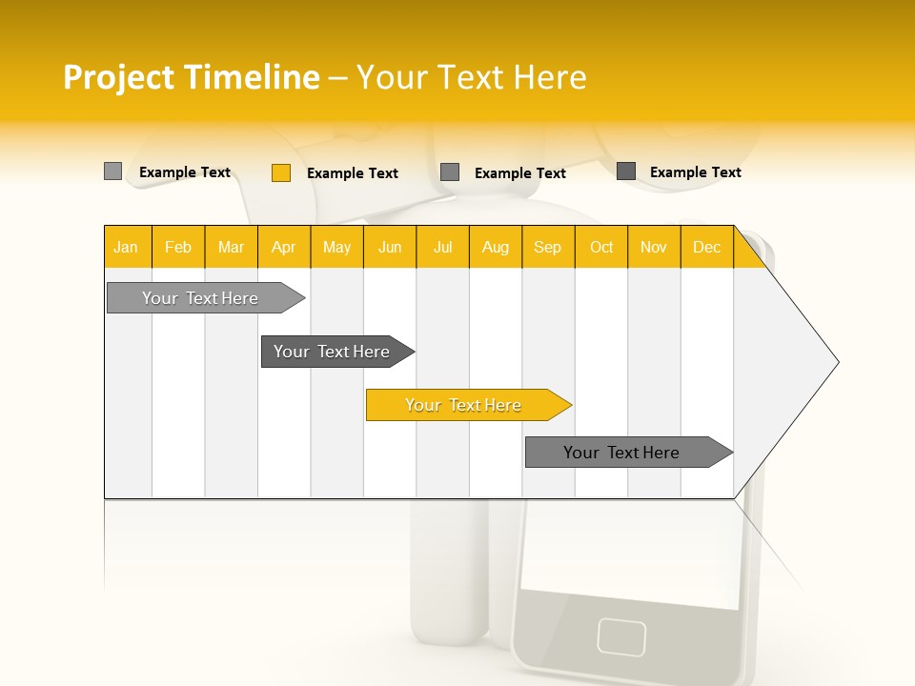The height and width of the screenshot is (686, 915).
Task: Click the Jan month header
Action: (x=127, y=247)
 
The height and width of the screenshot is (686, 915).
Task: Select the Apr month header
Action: (x=284, y=247)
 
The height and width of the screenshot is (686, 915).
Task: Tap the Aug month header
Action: (x=496, y=247)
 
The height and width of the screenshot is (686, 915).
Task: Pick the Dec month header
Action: (x=707, y=247)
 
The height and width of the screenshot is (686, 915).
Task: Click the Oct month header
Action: (x=601, y=247)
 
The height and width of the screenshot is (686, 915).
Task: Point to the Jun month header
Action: (x=390, y=247)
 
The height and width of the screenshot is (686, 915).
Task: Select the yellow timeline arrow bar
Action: (x=464, y=405)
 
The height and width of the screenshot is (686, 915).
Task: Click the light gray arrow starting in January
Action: (x=201, y=298)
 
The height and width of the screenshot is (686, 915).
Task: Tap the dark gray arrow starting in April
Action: (x=333, y=352)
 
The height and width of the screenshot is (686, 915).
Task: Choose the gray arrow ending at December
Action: (x=622, y=453)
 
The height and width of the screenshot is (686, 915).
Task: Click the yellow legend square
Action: (x=280, y=172)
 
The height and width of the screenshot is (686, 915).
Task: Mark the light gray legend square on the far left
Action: (x=112, y=171)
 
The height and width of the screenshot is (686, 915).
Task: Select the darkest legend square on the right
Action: (x=626, y=171)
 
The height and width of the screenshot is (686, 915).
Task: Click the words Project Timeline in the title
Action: (x=191, y=77)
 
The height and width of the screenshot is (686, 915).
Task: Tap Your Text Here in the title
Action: (x=471, y=77)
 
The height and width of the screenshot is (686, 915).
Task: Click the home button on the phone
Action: (x=621, y=636)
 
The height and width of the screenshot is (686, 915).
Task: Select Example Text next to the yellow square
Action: (x=352, y=173)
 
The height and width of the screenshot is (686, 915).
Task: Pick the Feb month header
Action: (x=178, y=247)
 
